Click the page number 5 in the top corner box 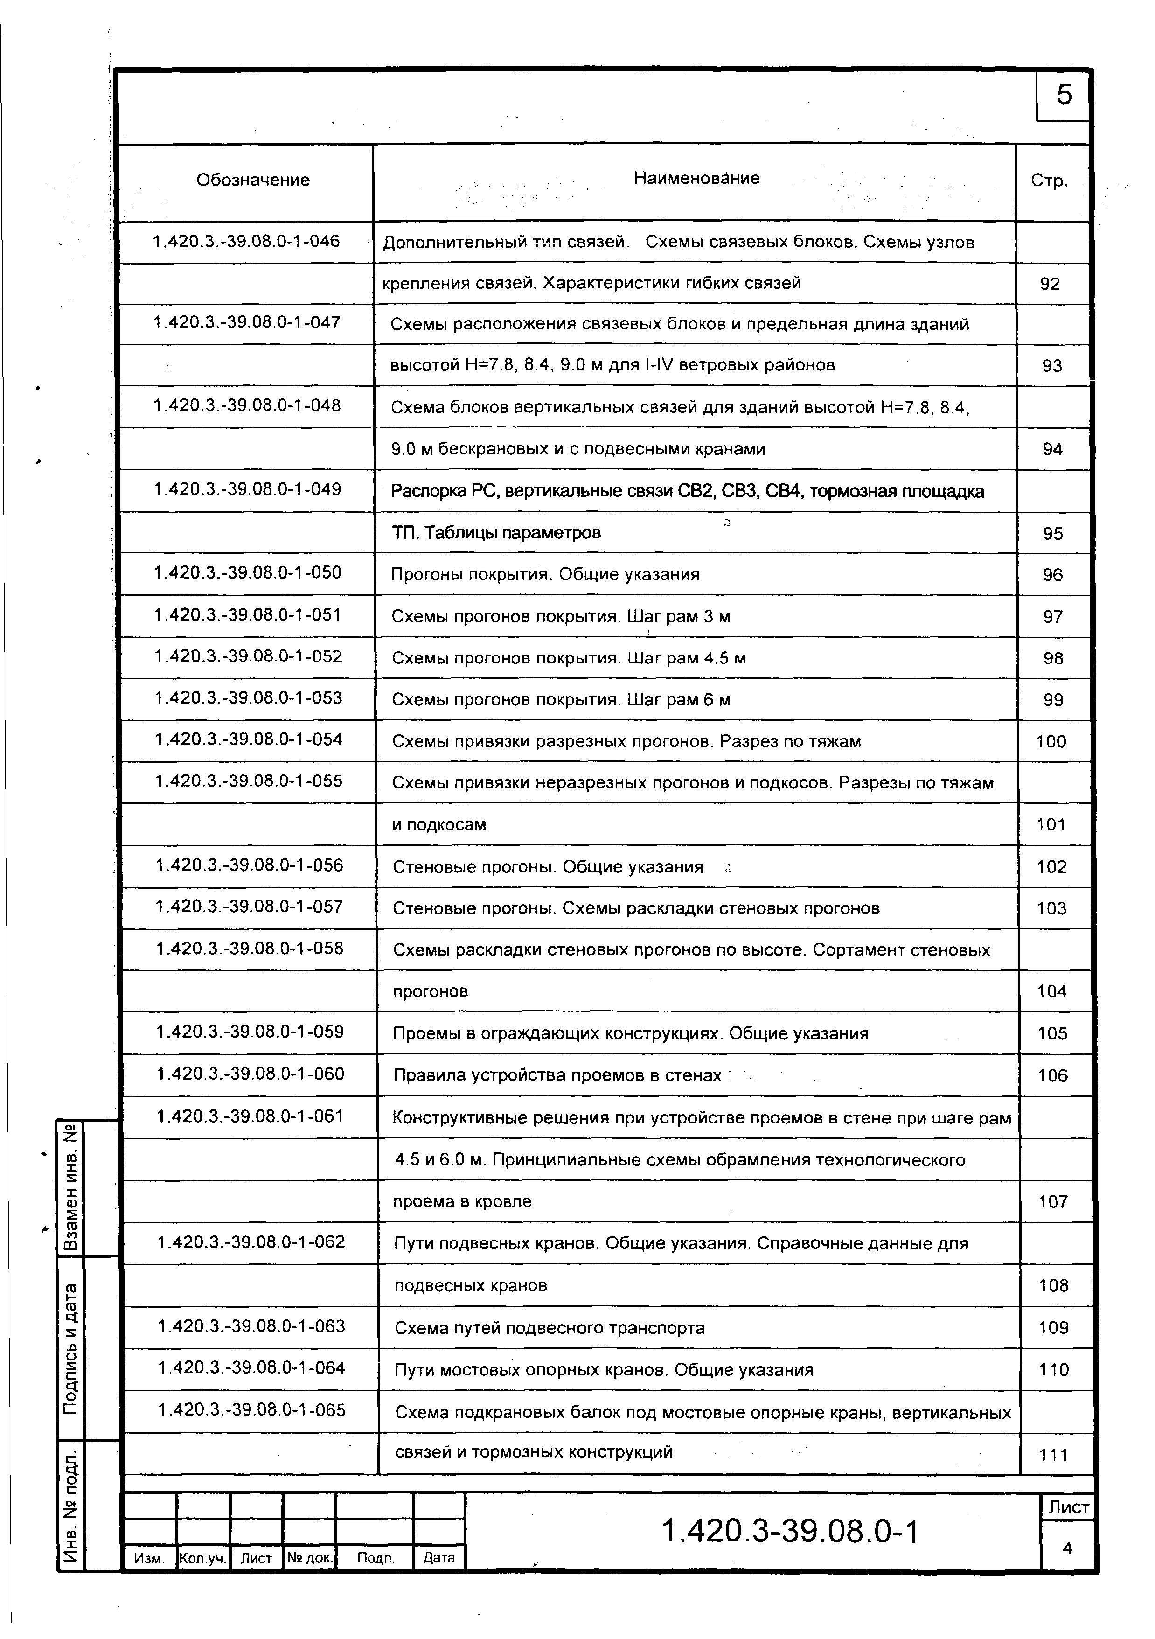[1064, 95]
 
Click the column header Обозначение [253, 180]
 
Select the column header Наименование [696, 179]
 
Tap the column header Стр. [1050, 181]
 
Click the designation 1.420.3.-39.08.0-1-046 [246, 241]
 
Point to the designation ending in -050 [248, 572]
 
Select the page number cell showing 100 [1051, 742]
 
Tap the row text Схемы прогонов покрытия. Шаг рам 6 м [561, 699]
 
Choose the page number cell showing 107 [1053, 1201]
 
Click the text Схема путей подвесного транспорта [550, 1328]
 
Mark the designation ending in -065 [251, 1410]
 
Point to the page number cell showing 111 [1054, 1455]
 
